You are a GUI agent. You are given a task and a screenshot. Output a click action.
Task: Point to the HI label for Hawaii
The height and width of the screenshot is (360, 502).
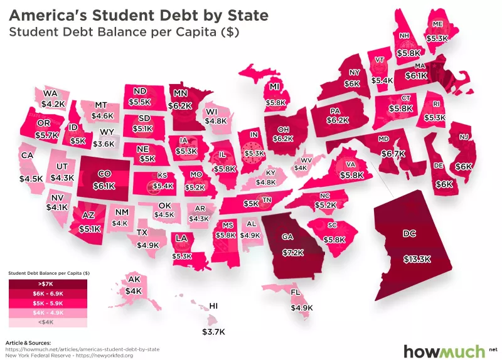tap(213, 306)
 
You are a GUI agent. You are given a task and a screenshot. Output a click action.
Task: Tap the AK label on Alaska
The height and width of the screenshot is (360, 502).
tap(133, 279)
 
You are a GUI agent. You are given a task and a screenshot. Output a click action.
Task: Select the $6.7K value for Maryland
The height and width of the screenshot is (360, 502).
tap(392, 154)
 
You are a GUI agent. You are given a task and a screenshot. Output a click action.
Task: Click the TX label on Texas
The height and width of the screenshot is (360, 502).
tap(143, 233)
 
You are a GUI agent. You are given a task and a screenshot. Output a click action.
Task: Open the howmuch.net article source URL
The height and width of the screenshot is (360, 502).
tap(82, 348)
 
